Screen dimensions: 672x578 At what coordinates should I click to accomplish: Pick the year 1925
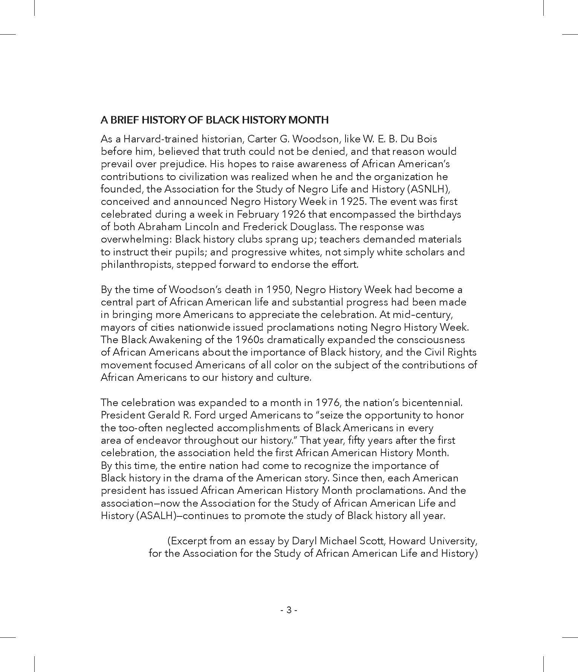[x=353, y=202]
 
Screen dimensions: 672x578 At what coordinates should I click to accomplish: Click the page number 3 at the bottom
[x=289, y=610]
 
